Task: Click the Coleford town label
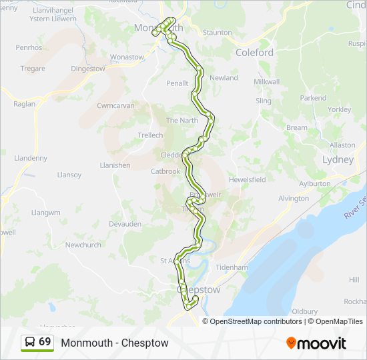point(254,52)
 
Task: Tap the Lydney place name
point(338,160)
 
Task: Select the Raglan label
point(25,105)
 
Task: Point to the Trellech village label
point(150,135)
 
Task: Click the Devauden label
point(125,224)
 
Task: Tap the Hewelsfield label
point(247,179)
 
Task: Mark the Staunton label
point(217,32)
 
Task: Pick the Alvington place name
point(293,198)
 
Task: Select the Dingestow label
point(88,68)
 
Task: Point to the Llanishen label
point(113,165)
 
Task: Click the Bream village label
point(297,127)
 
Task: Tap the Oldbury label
point(304,311)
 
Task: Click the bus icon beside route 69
point(30,342)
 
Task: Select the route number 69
point(45,341)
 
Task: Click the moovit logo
point(316,343)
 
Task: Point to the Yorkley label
point(340,109)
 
